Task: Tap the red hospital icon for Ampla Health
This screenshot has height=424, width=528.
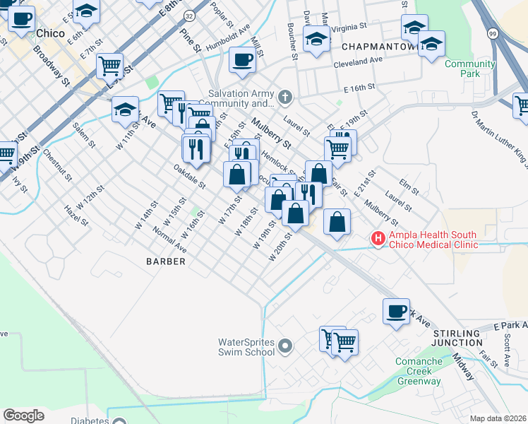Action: point(379,240)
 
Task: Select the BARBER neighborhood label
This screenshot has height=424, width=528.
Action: point(166,261)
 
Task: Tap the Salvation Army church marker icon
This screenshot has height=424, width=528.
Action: point(285,96)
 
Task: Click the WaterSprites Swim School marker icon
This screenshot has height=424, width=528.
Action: point(285,346)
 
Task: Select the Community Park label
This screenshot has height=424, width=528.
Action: point(469,69)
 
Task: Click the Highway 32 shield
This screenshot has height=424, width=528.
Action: point(189,15)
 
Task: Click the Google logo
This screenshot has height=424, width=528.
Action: point(24,416)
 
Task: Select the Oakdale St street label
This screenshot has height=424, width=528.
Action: point(189,177)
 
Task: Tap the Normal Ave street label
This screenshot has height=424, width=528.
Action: point(169,240)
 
